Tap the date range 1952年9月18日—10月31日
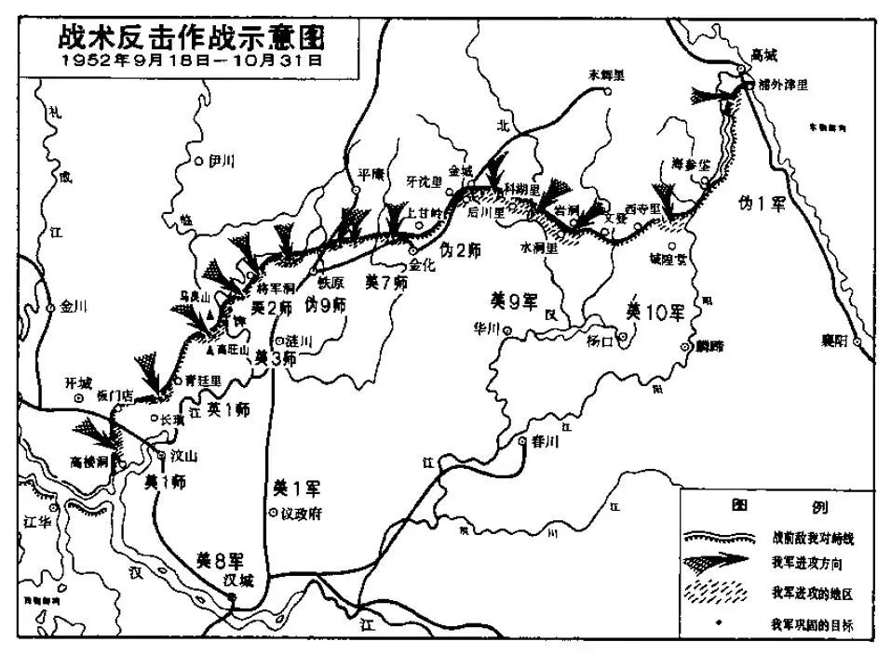point(182,61)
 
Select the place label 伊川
point(222,160)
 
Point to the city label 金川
point(72,305)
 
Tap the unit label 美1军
point(294,487)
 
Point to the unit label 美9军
point(515,301)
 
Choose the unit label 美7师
point(385,281)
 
